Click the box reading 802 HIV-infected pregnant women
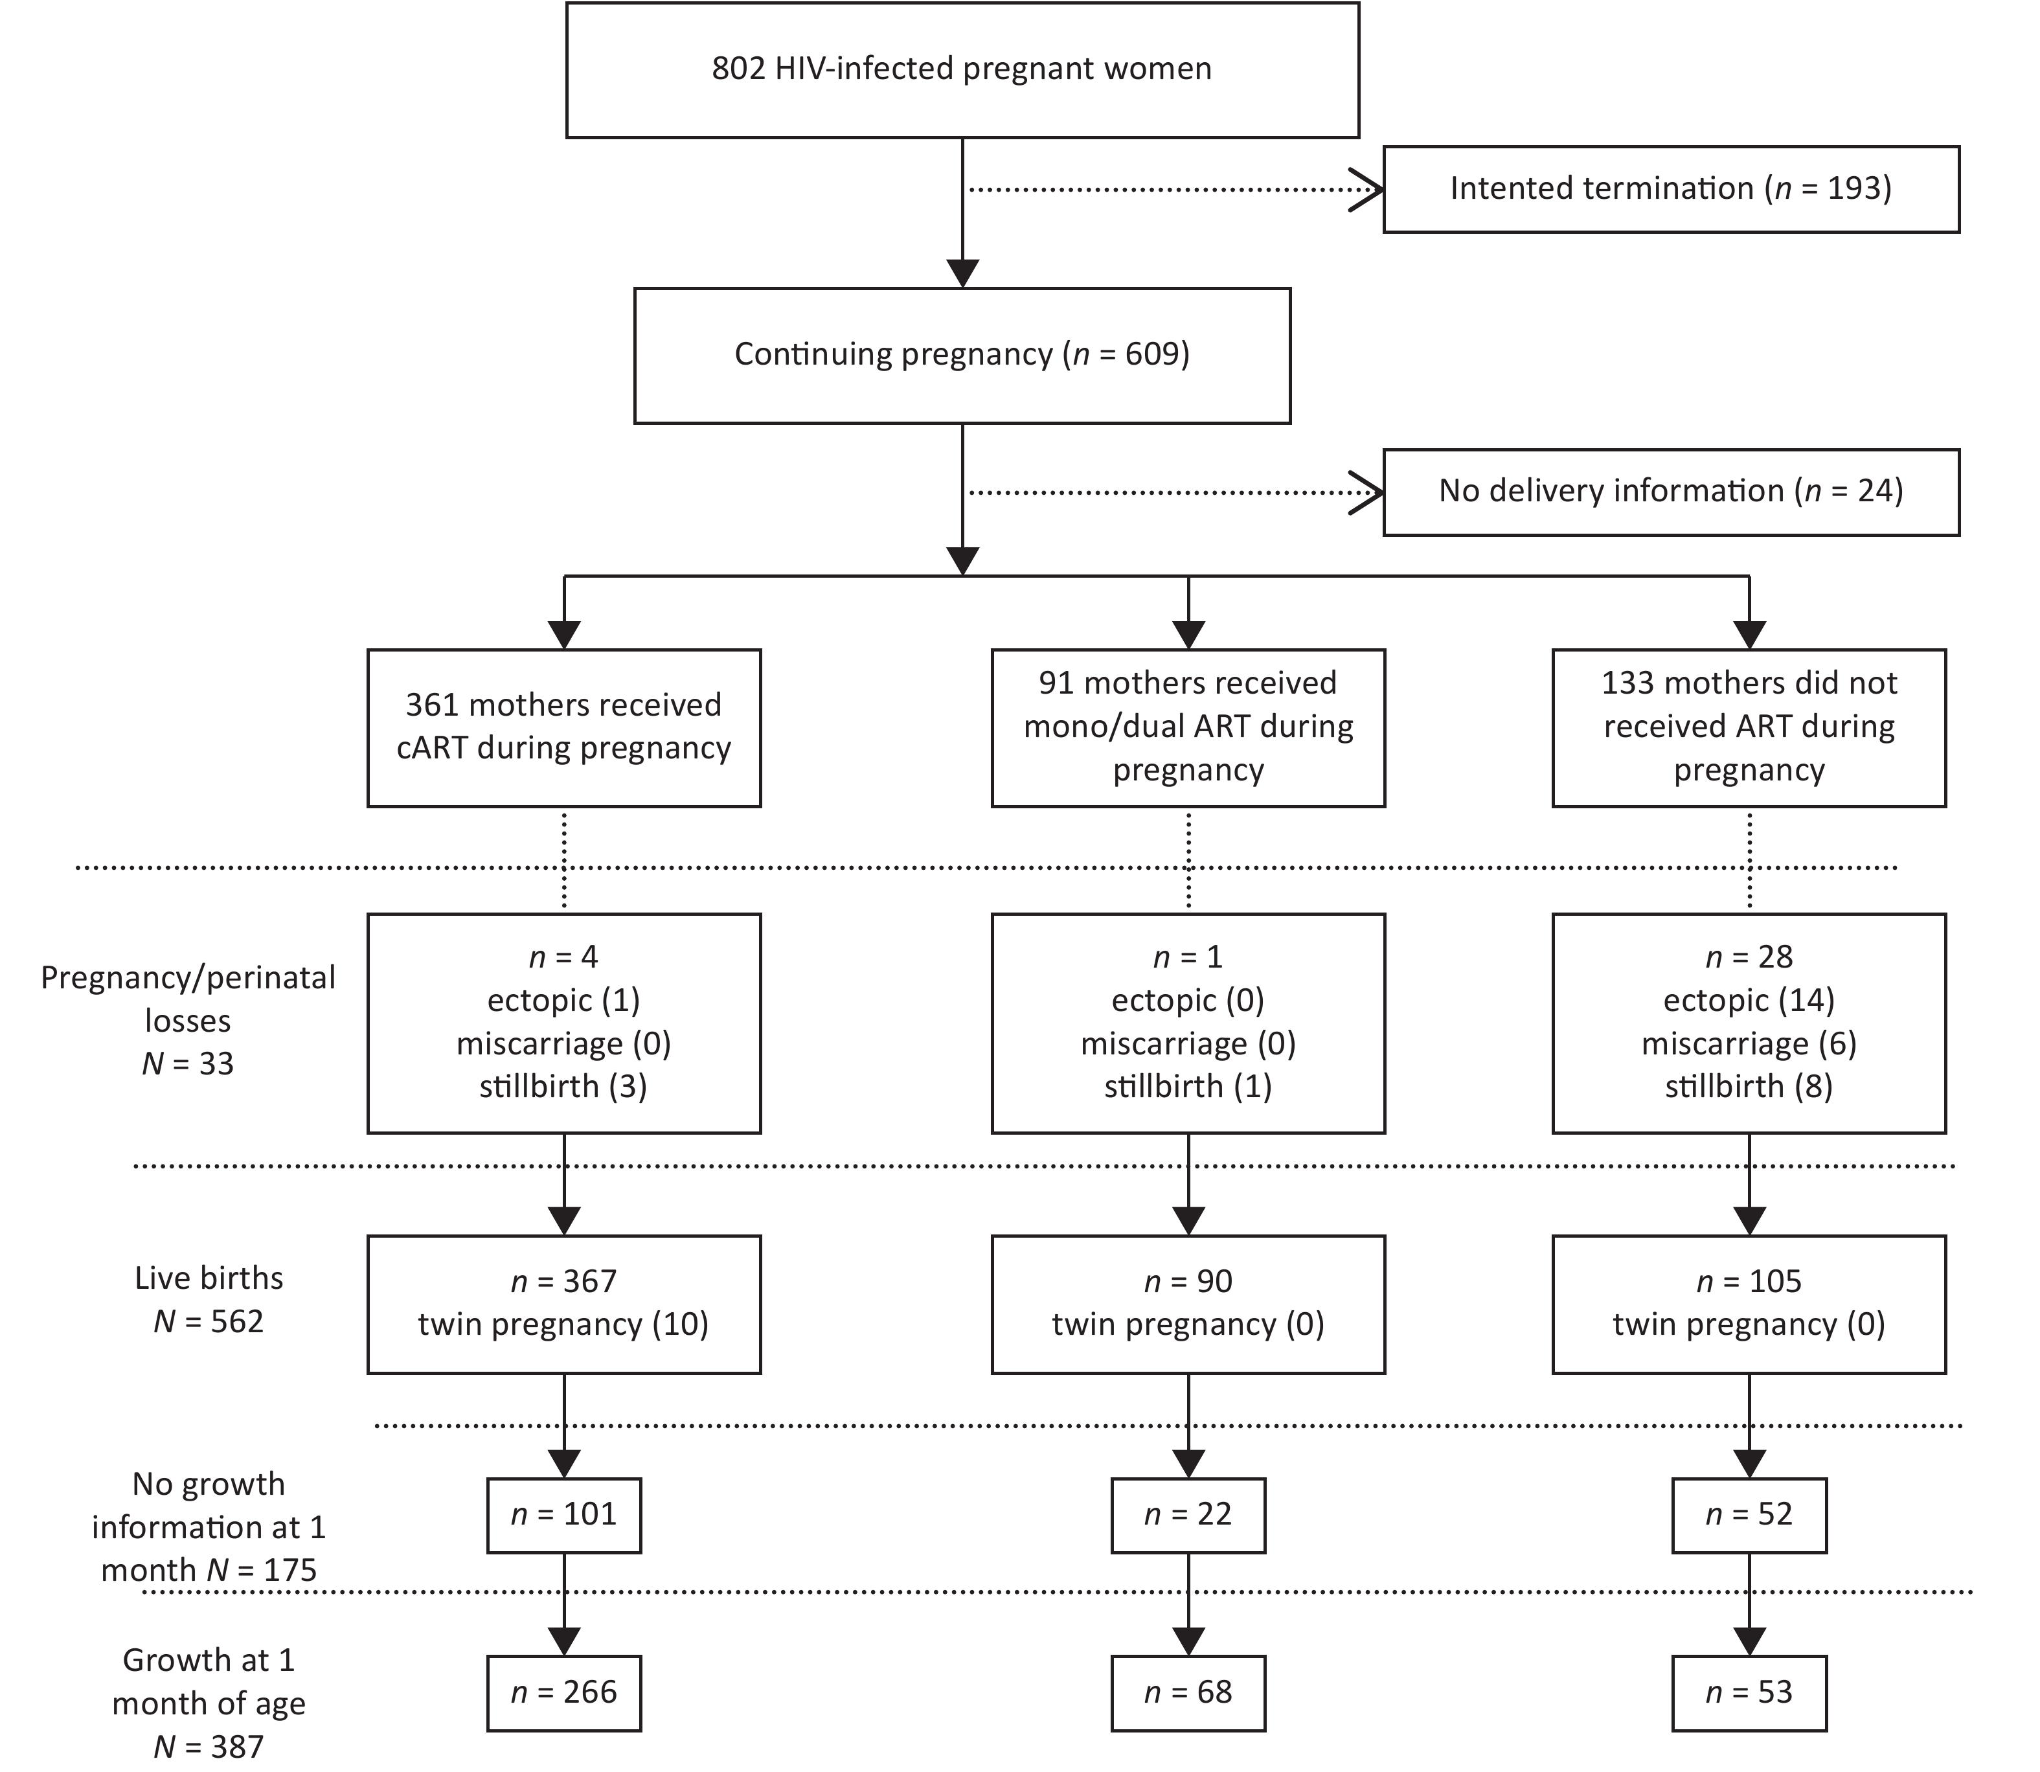pyautogui.click(x=962, y=69)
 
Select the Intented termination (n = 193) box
pyautogui.click(x=1671, y=189)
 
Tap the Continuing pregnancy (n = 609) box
pyautogui.click(x=962, y=355)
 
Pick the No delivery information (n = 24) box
pyautogui.click(x=1671, y=492)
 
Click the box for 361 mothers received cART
pyautogui.click(x=563, y=728)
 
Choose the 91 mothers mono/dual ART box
pyautogui.click(x=1188, y=728)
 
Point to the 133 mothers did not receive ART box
pyautogui.click(x=1749, y=728)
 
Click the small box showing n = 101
pyautogui.click(x=563, y=1515)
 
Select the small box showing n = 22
pyautogui.click(x=1188, y=1515)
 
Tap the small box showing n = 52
pyautogui.click(x=1749, y=1515)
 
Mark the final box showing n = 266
pyautogui.click(x=563, y=1693)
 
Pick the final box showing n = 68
pyautogui.click(x=1188, y=1693)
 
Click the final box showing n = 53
pyautogui.click(x=1749, y=1693)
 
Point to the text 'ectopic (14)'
pyautogui.click(x=1749, y=1001)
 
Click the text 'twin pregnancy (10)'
pyautogui.click(x=563, y=1325)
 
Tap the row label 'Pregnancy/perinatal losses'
pyautogui.click(x=188, y=999)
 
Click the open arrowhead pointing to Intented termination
pyautogui.click(x=1366, y=189)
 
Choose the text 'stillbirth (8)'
pyautogui.click(x=1749, y=1087)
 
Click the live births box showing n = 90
pyautogui.click(x=1188, y=1304)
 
